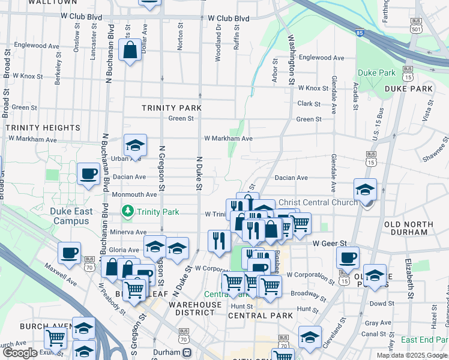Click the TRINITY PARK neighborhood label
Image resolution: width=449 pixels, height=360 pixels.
click(171, 108)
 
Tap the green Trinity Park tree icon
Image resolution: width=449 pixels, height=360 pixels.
click(127, 211)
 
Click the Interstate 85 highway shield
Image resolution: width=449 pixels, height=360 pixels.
click(359, 34)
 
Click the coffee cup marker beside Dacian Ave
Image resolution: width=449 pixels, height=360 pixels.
click(89, 174)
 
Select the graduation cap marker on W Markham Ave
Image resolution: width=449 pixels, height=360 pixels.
click(136, 145)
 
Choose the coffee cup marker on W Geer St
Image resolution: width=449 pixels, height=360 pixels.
click(348, 258)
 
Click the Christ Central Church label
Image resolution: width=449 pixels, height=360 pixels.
click(318, 203)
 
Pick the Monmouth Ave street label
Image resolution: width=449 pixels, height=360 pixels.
click(133, 194)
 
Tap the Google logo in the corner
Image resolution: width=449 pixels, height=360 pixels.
click(20, 353)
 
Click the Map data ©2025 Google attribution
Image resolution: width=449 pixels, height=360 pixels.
click(412, 355)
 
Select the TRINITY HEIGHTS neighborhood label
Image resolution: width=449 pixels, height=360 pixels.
click(43, 128)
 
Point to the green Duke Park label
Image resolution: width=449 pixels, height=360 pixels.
click(376, 73)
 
